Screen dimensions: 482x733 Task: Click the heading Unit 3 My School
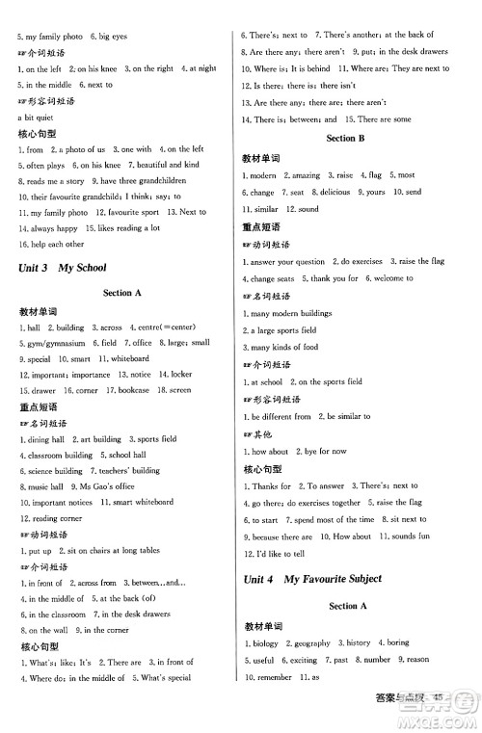point(63,268)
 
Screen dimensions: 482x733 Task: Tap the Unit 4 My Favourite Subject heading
point(313,579)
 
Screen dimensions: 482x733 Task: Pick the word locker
point(180,375)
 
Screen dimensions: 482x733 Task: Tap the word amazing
point(304,175)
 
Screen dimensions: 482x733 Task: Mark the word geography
point(313,642)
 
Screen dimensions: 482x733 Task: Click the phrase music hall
point(45,487)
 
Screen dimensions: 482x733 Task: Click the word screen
point(179,390)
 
